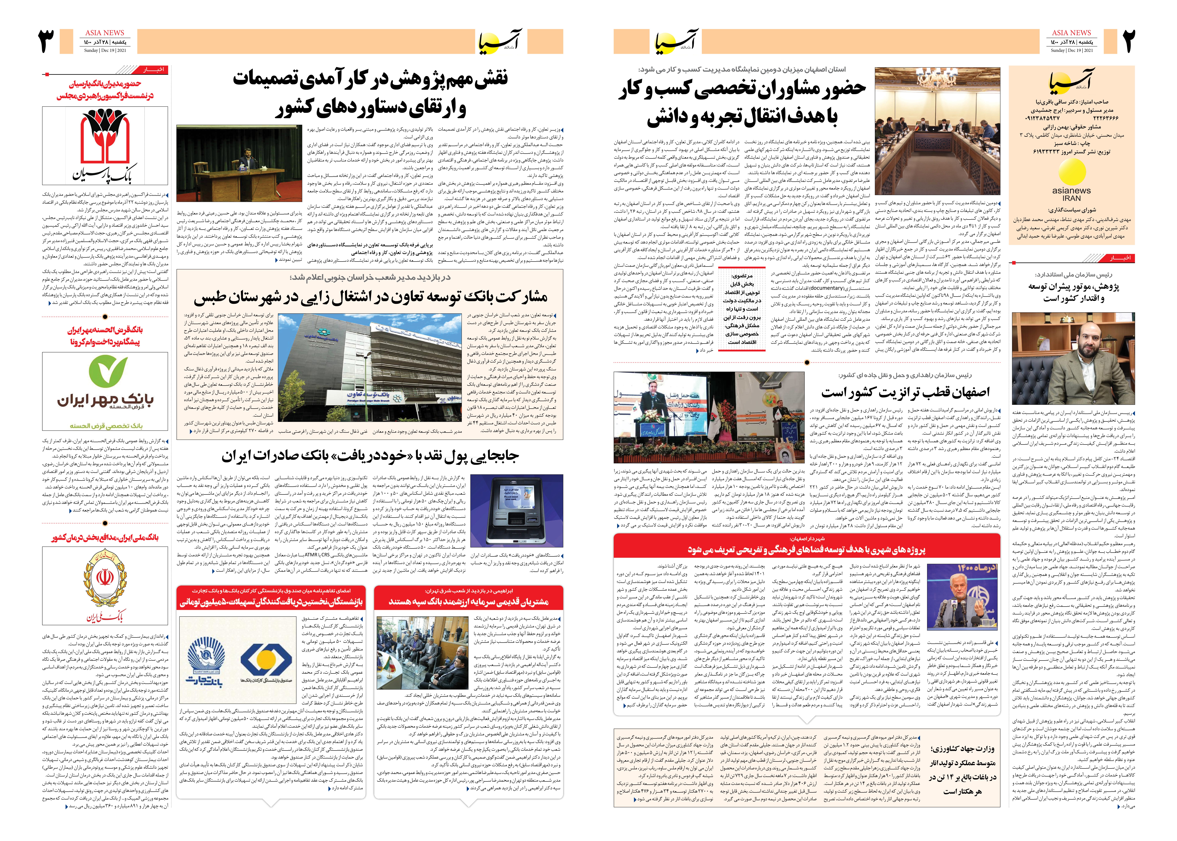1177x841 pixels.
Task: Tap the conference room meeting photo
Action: (x=937, y=130)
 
